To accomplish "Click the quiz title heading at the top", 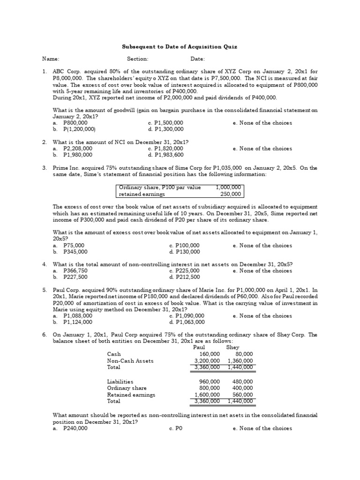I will (x=180, y=47).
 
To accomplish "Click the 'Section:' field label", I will (x=137, y=59).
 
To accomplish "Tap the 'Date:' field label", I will (x=197, y=59).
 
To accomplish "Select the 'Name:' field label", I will (x=51, y=59).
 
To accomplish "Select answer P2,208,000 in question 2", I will (x=77, y=149).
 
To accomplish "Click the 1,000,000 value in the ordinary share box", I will (x=228, y=187).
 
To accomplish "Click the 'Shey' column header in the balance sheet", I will (x=232, y=347).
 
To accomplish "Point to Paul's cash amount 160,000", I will (x=210, y=354).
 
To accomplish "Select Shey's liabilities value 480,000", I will (x=242, y=382).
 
